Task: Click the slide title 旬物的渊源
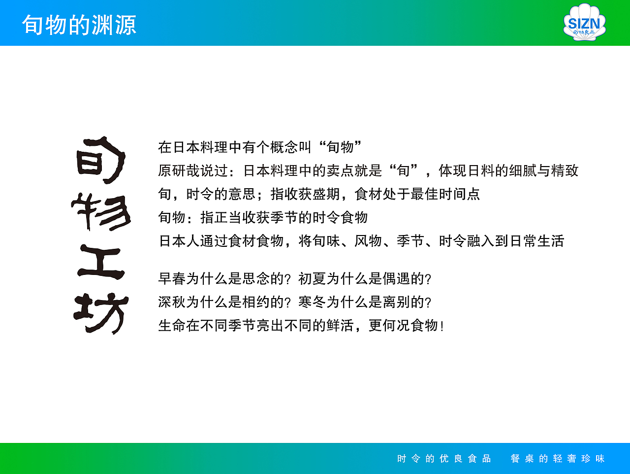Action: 79,25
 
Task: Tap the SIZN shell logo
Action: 584,23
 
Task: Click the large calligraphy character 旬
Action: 100,160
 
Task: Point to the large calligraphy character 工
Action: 100,263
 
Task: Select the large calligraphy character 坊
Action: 101,313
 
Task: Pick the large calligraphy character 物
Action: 101,212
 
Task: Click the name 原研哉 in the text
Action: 179,170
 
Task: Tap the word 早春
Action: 172,279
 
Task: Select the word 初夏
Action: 312,279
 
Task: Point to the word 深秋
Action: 172,302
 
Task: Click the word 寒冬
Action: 312,302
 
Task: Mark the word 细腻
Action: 523,170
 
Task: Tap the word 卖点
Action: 340,170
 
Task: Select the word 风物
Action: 368,241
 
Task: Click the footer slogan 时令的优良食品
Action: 444,459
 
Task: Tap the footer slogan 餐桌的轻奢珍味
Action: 558,459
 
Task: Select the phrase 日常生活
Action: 536,241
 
